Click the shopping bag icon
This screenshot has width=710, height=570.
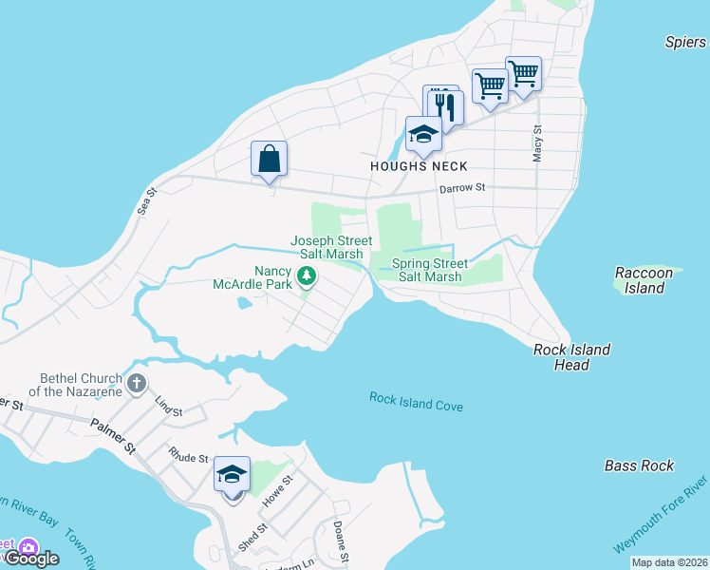pos(269,159)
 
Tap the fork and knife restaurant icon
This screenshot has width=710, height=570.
pos(445,106)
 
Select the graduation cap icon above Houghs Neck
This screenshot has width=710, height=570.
pos(423,134)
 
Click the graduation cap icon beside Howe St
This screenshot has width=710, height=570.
pos(233,474)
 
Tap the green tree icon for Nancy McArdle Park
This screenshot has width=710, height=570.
pos(306,276)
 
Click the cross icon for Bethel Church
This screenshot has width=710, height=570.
pos(137,384)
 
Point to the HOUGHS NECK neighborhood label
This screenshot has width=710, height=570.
pos(419,166)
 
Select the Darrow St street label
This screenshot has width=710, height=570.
pos(462,189)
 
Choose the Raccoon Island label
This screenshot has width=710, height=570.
pos(644,280)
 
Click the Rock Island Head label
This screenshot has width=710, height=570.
pos(571,357)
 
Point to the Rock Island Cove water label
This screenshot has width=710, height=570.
pos(416,402)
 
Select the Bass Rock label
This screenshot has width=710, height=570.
pos(639,465)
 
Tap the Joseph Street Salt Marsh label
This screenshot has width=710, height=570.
pos(331,248)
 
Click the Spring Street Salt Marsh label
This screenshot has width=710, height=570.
pos(430,270)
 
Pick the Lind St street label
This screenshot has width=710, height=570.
pos(168,406)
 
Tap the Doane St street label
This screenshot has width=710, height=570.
pos(342,541)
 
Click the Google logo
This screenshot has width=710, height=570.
pos(32,559)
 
